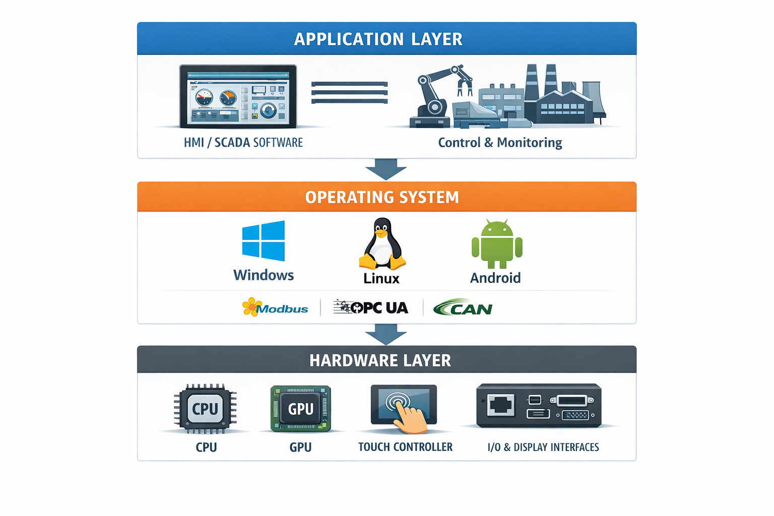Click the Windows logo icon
coord(263,241)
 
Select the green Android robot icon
coord(497,245)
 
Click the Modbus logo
coord(275,307)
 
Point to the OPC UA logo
coord(371,307)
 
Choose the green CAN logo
coord(463,307)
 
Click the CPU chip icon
coord(205,409)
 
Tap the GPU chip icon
coord(301,409)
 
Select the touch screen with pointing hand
coord(404,407)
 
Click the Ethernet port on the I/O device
coord(501,405)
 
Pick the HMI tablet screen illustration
coord(238,96)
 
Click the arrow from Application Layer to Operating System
coord(386,169)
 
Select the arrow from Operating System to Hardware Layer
coord(386,334)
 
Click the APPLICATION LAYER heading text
coord(378,39)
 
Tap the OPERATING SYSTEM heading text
coord(382,197)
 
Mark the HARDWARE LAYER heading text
coord(380,361)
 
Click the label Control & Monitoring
coord(500,143)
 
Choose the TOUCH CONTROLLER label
coord(405,447)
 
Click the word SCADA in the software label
coord(232,143)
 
